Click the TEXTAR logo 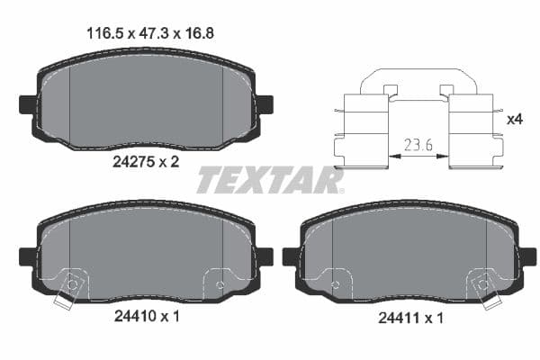[270, 179]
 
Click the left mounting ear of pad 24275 [27, 103]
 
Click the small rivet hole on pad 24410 [220, 285]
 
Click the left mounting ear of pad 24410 [27, 256]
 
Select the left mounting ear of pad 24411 [291, 257]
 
